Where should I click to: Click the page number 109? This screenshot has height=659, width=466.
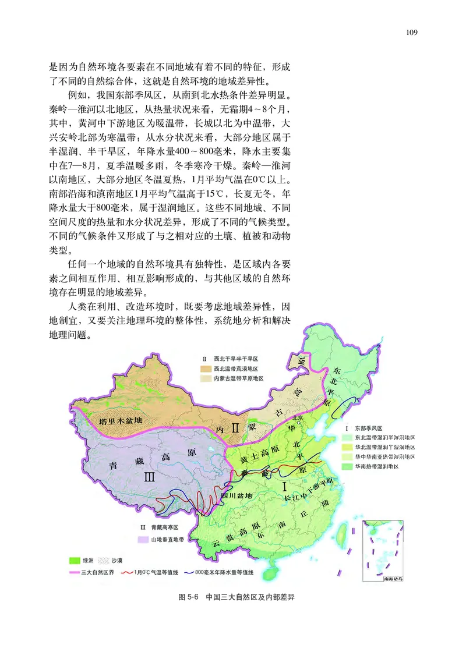(x=412, y=33)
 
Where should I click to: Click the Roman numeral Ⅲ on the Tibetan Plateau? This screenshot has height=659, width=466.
(x=149, y=477)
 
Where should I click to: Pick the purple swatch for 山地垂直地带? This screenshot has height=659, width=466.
(x=142, y=539)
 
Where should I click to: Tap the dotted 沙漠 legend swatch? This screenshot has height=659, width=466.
(x=104, y=561)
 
